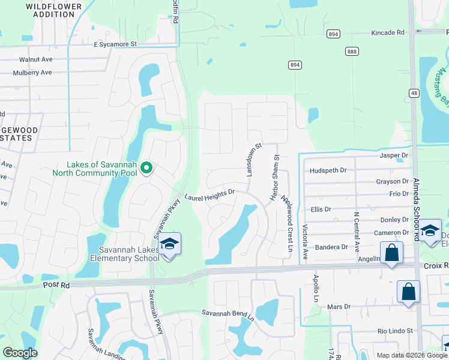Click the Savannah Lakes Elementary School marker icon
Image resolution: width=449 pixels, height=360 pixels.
170,244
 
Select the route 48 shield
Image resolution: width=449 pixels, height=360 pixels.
414,92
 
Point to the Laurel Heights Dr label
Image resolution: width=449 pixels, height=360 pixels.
208,195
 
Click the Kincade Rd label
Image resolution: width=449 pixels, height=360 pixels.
388,32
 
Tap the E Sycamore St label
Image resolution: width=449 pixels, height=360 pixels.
115,44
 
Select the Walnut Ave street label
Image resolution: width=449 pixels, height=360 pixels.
37,59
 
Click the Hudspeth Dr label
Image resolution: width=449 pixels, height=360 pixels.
328,170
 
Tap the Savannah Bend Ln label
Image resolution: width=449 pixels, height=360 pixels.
228,313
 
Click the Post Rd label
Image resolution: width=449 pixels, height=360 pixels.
57,286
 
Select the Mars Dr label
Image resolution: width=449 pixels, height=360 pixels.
339,307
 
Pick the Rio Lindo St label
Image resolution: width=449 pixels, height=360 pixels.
396,331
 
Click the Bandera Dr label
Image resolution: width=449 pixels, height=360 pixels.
332,247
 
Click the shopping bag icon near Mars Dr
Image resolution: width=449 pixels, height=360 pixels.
408,292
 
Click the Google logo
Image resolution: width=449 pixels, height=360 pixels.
20,353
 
